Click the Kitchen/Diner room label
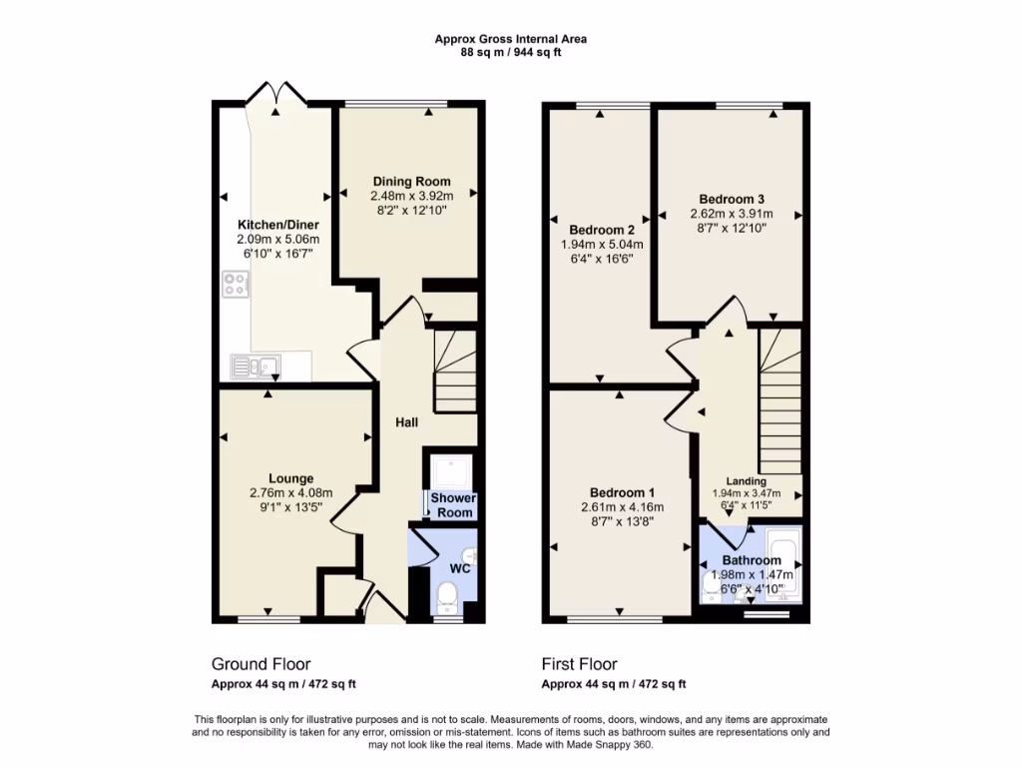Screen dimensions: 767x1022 point(277,225)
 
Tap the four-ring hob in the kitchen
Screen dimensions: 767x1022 point(236,286)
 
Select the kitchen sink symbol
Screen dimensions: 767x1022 point(255,367)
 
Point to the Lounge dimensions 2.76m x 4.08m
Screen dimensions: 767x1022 point(290,492)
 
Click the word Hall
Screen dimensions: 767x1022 point(405,423)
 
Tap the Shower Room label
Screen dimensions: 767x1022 point(452,505)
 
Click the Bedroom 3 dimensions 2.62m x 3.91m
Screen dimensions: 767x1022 point(732,213)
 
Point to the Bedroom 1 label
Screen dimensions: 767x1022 point(622,492)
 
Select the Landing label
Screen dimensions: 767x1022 point(747,481)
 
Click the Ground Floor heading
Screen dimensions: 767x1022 point(260,664)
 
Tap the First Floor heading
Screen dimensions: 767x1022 point(579,664)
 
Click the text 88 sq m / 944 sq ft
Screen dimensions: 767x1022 point(510,53)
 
